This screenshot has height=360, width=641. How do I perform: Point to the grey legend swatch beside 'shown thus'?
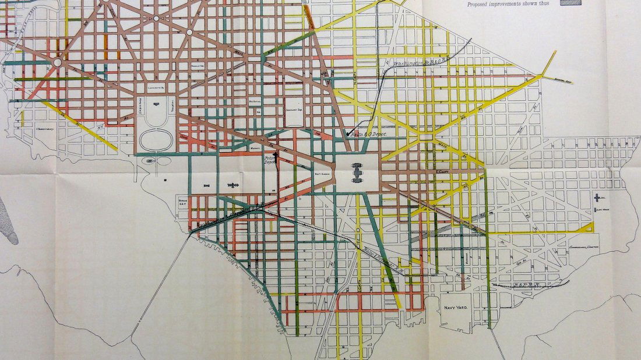click(x=570, y=2)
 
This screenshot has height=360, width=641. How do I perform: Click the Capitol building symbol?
click(x=358, y=172)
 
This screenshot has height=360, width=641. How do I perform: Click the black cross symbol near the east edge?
click(x=598, y=197)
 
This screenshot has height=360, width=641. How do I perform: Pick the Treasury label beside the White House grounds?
click(x=172, y=105)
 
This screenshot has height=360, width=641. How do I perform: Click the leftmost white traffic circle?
click(x=58, y=62)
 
